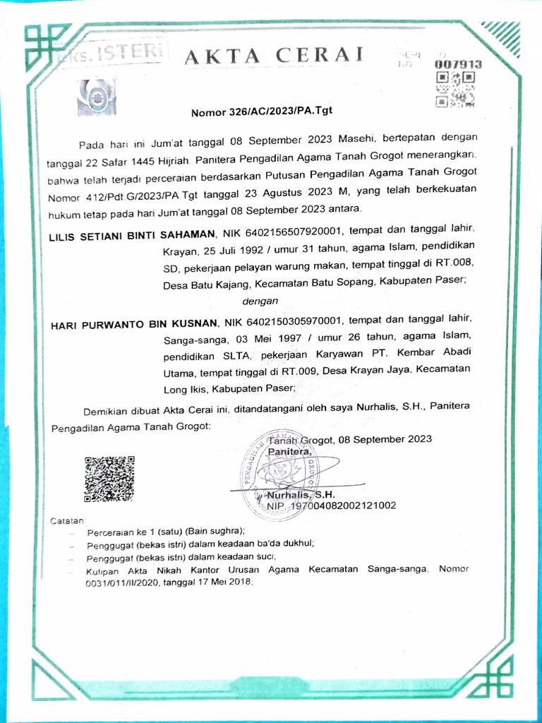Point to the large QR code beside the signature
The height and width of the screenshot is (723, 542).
(x=109, y=479)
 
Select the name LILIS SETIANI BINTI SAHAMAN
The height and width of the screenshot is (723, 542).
(x=131, y=233)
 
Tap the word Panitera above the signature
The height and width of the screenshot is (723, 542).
(x=289, y=451)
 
